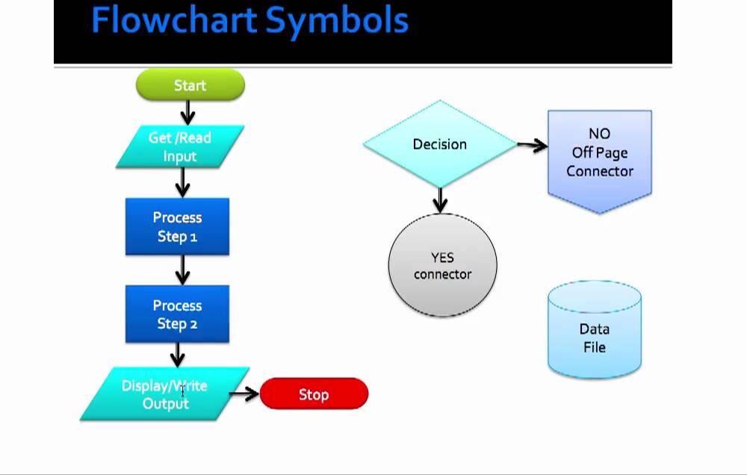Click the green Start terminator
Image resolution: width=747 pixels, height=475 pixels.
click(x=190, y=85)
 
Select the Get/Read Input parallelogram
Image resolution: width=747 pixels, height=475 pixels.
click(x=180, y=146)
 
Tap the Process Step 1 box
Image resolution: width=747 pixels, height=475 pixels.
click(x=177, y=226)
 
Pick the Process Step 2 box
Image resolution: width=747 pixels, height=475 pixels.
click(x=177, y=314)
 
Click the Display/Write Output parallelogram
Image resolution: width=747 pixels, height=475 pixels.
click(x=164, y=394)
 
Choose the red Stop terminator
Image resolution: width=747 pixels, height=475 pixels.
click(x=314, y=394)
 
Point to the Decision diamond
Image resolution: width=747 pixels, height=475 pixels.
click(x=439, y=144)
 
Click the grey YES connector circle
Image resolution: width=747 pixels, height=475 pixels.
click(x=442, y=266)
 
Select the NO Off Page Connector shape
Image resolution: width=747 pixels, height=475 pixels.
click(x=599, y=157)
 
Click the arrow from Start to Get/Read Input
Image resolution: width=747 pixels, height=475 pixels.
click(x=187, y=112)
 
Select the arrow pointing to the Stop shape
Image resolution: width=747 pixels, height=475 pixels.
click(x=244, y=394)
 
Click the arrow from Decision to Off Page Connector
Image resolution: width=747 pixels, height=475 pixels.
click(x=532, y=146)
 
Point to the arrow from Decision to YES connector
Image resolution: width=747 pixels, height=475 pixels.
click(x=440, y=199)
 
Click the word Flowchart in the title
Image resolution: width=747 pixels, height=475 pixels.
click(x=174, y=21)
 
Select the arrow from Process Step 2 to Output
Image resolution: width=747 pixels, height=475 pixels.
click(x=178, y=355)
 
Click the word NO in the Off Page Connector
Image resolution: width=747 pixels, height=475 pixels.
click(x=599, y=134)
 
